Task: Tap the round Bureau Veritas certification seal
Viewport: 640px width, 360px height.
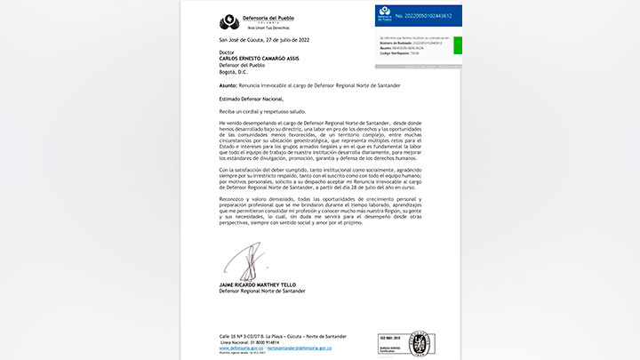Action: (420, 343)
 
